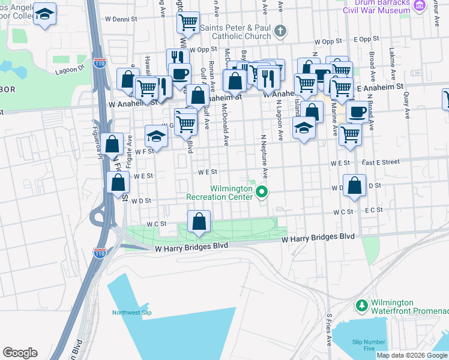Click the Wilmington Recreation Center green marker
pos(262,192)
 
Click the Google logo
pos(20,353)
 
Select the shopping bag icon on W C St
pos(199,221)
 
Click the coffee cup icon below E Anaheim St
pos(358,112)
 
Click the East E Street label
pos(380,162)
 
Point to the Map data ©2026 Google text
pos(412,355)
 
